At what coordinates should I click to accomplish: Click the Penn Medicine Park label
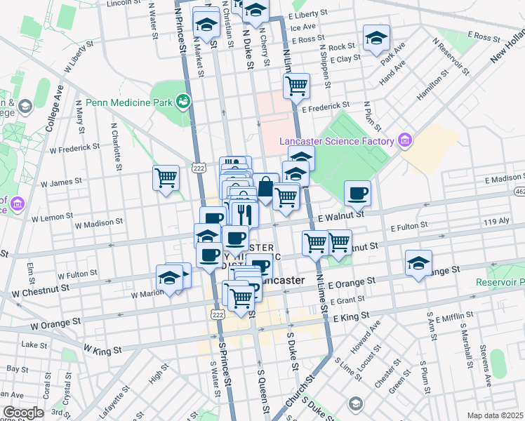129,103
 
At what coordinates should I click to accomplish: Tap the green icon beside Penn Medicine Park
183,102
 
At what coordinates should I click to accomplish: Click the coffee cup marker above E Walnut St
357,193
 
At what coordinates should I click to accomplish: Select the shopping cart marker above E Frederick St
296,86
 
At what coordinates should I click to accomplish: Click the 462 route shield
519,190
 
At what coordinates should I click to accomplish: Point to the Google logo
23,413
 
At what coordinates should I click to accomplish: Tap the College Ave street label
54,109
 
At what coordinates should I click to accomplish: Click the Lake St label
34,345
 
